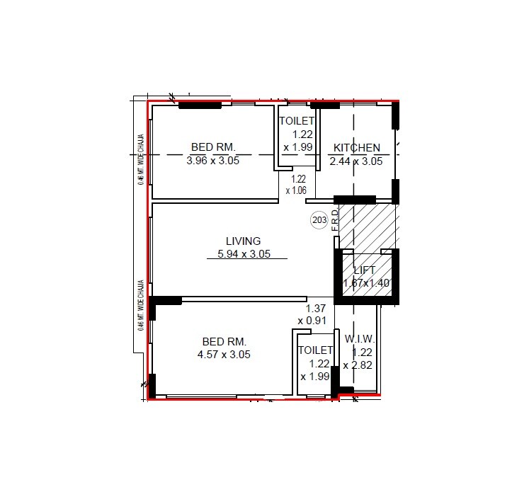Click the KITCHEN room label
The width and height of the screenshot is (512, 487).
357,148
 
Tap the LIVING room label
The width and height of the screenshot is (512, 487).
244,241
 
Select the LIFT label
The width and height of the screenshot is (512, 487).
365,270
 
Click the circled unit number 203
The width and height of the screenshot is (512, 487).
319,221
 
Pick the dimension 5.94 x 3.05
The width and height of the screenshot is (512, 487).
244,254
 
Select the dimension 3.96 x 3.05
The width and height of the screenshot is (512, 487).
213,161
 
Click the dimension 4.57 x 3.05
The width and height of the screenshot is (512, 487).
224,355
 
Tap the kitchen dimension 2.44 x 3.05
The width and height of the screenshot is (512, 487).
356,161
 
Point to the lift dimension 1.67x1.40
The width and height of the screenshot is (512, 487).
365,283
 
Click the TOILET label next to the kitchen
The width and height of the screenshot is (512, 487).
297,121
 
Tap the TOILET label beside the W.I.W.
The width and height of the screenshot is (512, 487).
315,350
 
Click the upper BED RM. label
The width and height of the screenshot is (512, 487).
213,147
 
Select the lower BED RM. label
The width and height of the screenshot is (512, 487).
224,341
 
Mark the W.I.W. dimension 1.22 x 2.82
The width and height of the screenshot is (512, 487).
358,359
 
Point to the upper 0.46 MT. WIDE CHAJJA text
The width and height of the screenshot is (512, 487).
142,159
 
